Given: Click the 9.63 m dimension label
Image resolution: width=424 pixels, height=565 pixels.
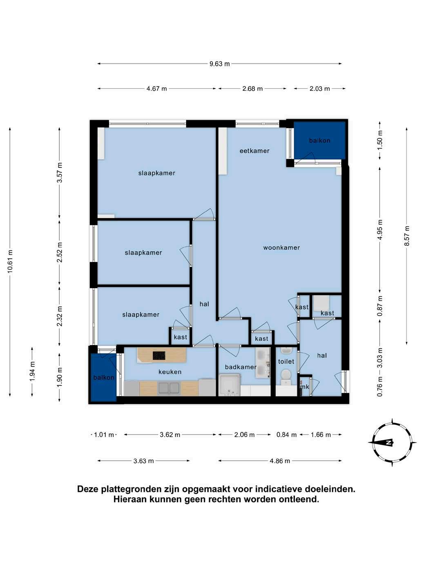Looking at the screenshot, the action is click(219, 64).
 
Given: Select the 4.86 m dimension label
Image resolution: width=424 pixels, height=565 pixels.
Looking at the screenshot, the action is click(279, 461).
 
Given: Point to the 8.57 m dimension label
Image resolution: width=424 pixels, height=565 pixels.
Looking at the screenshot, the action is click(406, 236).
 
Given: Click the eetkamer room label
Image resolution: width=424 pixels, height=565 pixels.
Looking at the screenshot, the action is click(254, 151).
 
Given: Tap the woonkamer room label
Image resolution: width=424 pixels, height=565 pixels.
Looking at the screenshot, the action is click(281, 248).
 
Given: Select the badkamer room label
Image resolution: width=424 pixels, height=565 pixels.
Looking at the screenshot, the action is click(241, 367).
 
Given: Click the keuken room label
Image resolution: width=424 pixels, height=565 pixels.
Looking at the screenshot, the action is click(170, 371).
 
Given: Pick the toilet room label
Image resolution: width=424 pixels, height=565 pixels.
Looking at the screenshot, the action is click(286, 361).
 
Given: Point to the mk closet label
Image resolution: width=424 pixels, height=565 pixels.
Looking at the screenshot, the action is click(305, 387).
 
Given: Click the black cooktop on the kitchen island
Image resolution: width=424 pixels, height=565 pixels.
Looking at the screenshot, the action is click(159, 356).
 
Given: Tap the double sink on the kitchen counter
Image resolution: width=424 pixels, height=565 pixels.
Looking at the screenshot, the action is click(169, 388).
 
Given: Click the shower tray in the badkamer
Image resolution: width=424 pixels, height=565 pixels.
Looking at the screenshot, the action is click(230, 385).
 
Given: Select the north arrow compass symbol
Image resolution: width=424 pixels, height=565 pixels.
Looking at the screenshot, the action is click(392, 443).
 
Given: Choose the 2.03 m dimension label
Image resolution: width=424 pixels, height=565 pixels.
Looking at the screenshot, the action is click(319, 89).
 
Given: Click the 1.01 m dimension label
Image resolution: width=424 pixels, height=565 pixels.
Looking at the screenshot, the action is click(104, 435).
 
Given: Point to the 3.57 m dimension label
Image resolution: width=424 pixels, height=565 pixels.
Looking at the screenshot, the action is click(60, 172).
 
